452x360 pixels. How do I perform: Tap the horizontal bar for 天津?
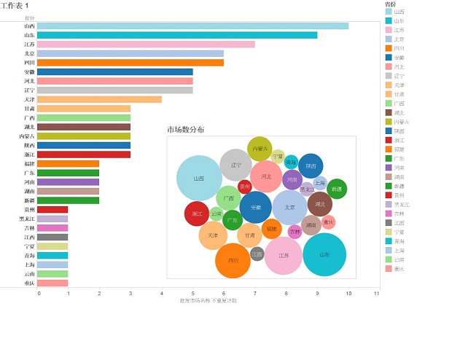pyautogui.click(x=99, y=99)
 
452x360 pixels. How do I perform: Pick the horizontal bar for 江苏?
pyautogui.click(x=146, y=44)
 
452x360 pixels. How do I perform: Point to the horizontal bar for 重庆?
pyautogui.click(x=52, y=283)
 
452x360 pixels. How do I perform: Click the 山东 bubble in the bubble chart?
pyautogui.click(x=324, y=254)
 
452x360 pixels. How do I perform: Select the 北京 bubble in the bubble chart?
pyautogui.click(x=289, y=207)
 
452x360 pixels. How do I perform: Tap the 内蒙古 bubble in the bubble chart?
pyautogui.click(x=260, y=149)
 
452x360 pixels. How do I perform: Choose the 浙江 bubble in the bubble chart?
pyautogui.click(x=197, y=214)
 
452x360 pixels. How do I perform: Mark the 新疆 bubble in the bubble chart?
pyautogui.click(x=337, y=189)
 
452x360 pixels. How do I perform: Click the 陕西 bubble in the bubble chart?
pyautogui.click(x=311, y=165)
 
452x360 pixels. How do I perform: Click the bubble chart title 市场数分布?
pyautogui.click(x=185, y=130)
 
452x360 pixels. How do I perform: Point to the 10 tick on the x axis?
pyautogui.click(x=349, y=293)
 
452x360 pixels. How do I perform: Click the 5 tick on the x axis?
pyautogui.click(x=193, y=293)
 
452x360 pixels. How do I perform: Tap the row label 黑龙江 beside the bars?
pyautogui.click(x=26, y=219)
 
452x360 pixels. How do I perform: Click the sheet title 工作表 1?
pyautogui.click(x=15, y=5)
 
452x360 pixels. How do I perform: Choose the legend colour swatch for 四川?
pyautogui.click(x=389, y=48)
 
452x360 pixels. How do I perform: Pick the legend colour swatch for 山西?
pyautogui.click(x=389, y=12)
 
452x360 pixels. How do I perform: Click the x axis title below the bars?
pyautogui.click(x=209, y=300)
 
